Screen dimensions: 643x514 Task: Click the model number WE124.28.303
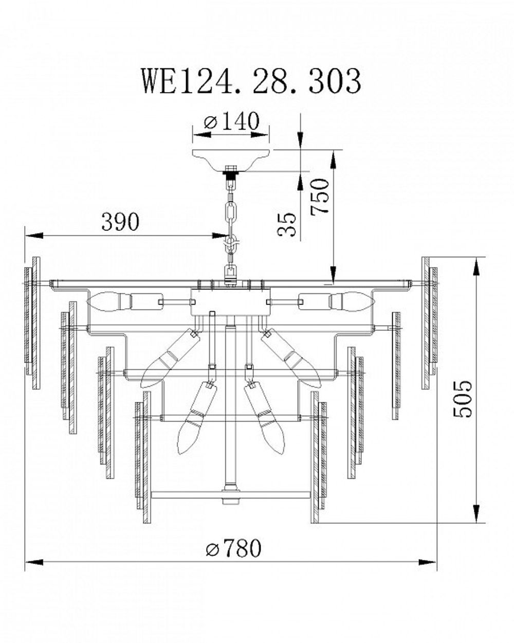click(x=251, y=81)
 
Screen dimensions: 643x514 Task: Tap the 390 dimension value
click(x=120, y=222)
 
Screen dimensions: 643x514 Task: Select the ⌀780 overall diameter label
click(x=233, y=549)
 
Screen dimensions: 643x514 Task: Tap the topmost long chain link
click(x=230, y=211)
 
